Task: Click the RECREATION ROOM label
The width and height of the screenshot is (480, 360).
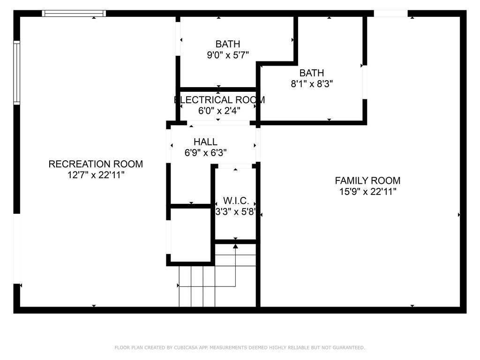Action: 96,164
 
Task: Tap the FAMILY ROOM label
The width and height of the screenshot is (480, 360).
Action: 367,180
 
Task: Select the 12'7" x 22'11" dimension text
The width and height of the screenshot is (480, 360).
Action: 96,175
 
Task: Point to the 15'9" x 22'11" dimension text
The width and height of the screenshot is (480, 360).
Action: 367,192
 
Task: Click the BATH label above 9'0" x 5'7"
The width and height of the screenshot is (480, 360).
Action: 228,44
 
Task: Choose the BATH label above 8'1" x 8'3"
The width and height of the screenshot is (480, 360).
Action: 312,73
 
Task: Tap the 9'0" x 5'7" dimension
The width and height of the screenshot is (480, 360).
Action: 228,55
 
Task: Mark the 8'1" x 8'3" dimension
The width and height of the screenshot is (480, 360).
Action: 312,84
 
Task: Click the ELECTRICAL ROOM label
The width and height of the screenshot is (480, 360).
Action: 219,100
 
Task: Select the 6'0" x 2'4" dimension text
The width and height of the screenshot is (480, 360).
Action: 219,111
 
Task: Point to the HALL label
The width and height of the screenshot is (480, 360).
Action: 205,142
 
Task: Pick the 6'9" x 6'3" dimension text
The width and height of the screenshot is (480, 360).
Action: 205,152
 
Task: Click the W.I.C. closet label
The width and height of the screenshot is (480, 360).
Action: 236,201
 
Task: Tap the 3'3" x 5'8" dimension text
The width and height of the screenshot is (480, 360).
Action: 236,212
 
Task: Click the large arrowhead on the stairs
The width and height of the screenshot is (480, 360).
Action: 235,246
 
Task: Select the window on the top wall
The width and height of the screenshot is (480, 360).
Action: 74,14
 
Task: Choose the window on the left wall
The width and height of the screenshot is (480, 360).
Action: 16,73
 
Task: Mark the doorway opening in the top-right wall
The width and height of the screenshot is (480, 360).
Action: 390,14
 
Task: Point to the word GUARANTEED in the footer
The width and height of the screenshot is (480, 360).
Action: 349,347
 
